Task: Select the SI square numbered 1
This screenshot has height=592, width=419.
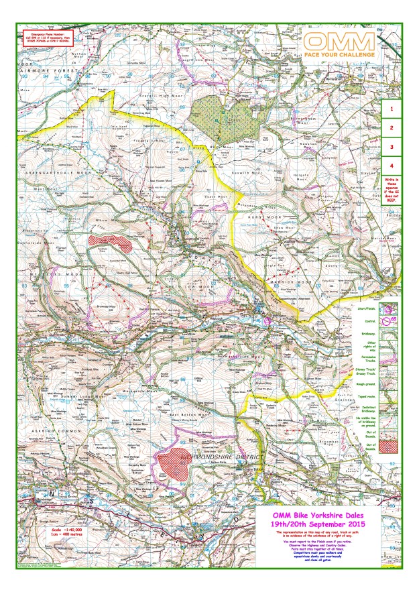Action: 392,106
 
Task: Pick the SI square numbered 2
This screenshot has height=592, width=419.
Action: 392,127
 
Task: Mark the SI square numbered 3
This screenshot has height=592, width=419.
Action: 392,146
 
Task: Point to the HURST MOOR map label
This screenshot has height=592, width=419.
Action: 254,217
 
